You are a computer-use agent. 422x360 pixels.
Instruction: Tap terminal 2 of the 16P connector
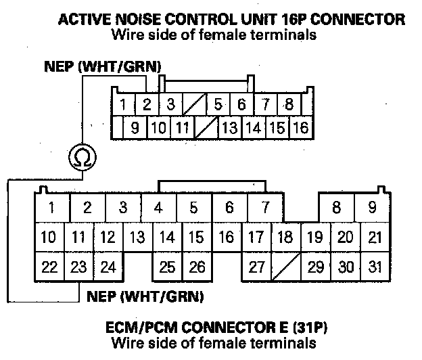point(146,105)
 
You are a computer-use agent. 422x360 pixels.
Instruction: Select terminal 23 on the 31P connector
point(79,267)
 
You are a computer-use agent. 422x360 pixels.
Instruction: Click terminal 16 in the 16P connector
point(300,127)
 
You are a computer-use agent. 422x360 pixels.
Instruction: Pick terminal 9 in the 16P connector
point(135,127)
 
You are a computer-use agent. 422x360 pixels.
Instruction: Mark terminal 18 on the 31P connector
point(285,237)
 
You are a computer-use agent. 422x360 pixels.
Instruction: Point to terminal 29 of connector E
point(315,267)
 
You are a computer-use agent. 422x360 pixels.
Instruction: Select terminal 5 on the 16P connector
point(218,105)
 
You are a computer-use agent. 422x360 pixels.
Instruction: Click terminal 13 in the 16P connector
point(230,127)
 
